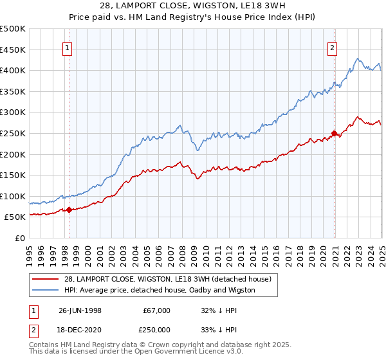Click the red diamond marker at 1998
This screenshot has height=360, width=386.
coord(69,209)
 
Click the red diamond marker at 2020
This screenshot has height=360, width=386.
coord(334,133)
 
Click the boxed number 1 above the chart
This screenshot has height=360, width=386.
coord(68,47)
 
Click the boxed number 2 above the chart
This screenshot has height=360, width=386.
coord(332,47)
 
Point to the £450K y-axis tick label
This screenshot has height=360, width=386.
coord(13,50)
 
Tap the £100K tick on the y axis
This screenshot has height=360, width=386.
coord(13,196)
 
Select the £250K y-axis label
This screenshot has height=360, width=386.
coord(13,133)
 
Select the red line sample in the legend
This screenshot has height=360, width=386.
coord(44,278)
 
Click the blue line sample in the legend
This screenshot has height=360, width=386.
coord(44,290)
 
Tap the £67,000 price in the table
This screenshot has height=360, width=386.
coord(156,310)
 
